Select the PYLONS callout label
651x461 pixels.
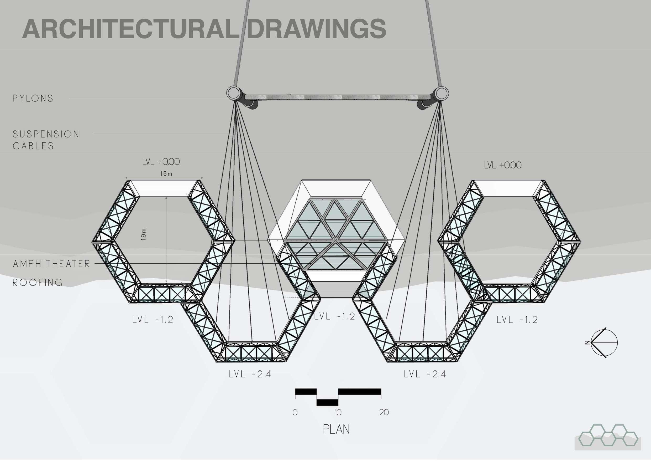[x=33, y=98]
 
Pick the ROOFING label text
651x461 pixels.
[x=38, y=283]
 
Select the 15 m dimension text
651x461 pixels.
[x=166, y=174]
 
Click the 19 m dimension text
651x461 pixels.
[x=144, y=235]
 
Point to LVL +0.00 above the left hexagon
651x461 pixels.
[x=161, y=162]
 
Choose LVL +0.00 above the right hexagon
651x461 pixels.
[x=503, y=165]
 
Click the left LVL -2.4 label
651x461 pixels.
[x=250, y=374]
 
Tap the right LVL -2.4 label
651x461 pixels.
[x=424, y=374]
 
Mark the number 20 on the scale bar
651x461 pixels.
[x=384, y=412]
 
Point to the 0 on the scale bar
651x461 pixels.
[x=295, y=412]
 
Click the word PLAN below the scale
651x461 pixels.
[x=336, y=429]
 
